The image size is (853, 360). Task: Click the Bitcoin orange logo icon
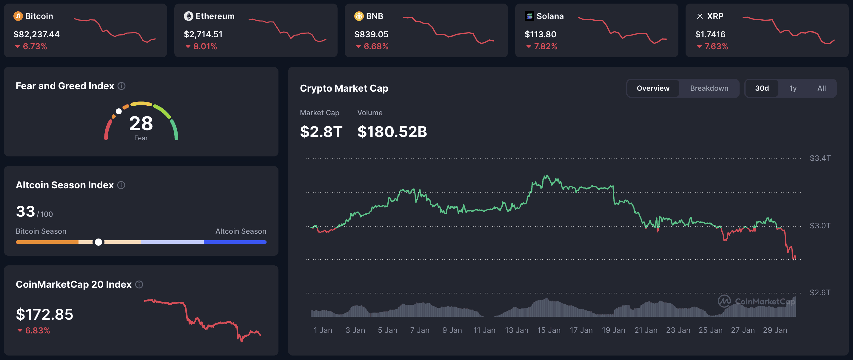[x=18, y=16]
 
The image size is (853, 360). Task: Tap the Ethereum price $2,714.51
[x=203, y=34]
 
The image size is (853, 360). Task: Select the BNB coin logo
[x=359, y=16]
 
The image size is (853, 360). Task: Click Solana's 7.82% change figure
[x=545, y=46]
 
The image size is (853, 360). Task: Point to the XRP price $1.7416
[x=710, y=34]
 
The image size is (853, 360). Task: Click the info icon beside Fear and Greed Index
[x=121, y=86]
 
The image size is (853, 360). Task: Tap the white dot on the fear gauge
[x=118, y=111]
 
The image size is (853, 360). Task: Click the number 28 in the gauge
[x=141, y=123]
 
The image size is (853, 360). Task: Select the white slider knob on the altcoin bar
[x=98, y=242]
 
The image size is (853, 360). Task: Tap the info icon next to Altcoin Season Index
[x=121, y=185]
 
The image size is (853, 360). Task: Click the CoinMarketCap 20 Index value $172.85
[x=44, y=314]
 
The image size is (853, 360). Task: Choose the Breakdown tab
[x=709, y=88]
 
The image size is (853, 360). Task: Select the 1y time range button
[x=793, y=88]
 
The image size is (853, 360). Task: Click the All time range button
[x=821, y=88]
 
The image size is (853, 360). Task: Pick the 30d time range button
[x=762, y=88]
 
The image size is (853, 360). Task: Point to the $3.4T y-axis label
[x=820, y=158]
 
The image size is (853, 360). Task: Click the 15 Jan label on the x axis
[x=549, y=330]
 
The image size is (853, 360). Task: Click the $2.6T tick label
[x=820, y=293]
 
